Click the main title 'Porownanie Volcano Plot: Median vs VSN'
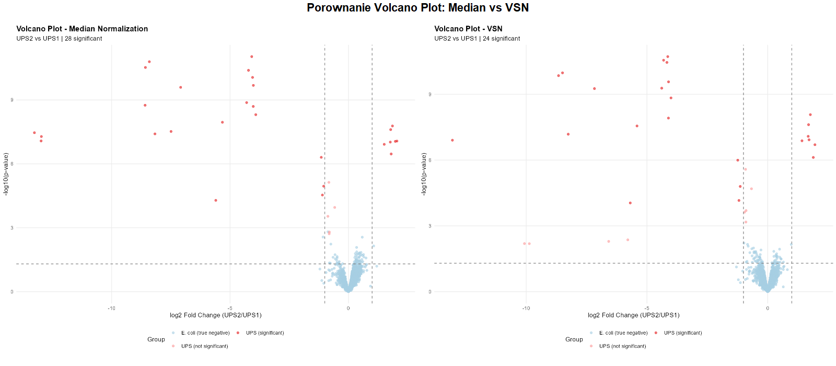click(417, 8)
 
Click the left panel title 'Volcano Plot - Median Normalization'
click(82, 29)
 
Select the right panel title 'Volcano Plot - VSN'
click(468, 29)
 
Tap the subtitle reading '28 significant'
click(84, 39)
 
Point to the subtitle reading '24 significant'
click(502, 39)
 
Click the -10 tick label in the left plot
click(111, 308)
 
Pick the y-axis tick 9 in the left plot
click(12, 100)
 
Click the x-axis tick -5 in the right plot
click(646, 308)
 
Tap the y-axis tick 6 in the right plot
click(430, 160)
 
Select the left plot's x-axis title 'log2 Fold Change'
click(215, 315)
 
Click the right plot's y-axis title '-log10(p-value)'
click(424, 174)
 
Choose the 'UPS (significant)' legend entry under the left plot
click(265, 333)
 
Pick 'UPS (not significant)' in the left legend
click(204, 346)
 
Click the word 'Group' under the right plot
click(574, 339)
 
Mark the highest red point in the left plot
click(252, 56)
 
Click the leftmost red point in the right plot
click(452, 140)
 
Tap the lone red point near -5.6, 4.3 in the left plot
click(216, 200)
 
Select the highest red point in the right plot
click(668, 56)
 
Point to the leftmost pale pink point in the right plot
click(525, 244)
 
